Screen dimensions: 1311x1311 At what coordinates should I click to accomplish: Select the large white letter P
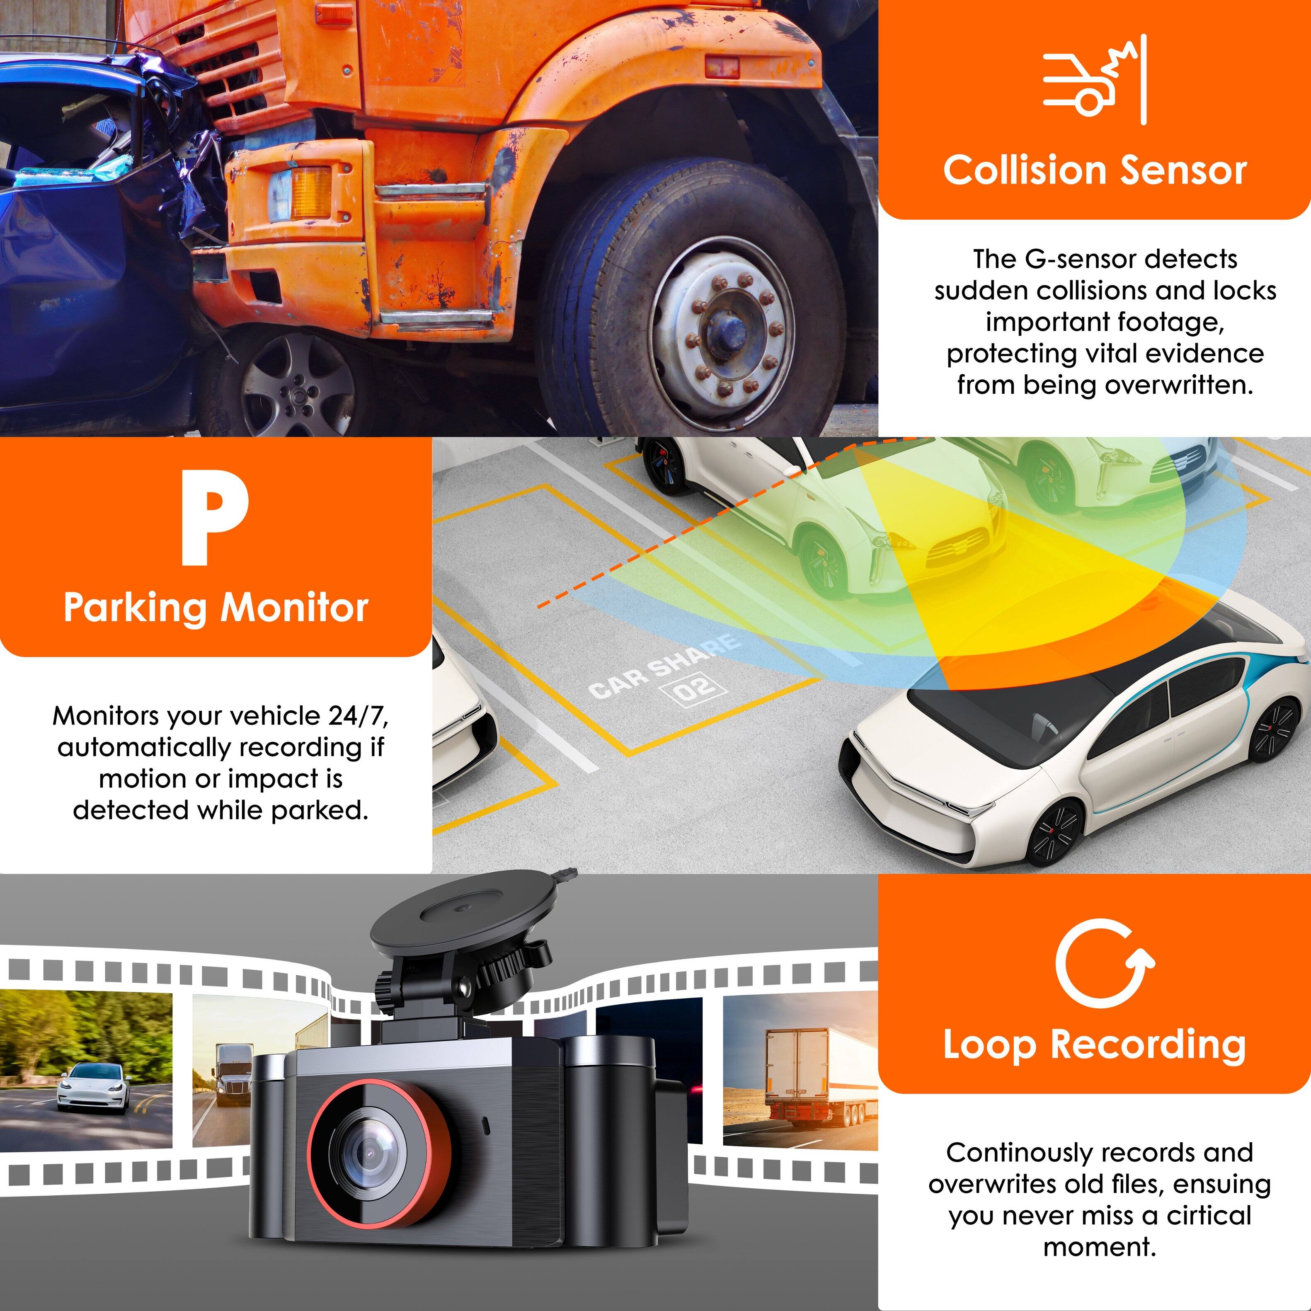[214, 519]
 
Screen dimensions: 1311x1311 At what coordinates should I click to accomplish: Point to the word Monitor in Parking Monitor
[295, 607]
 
